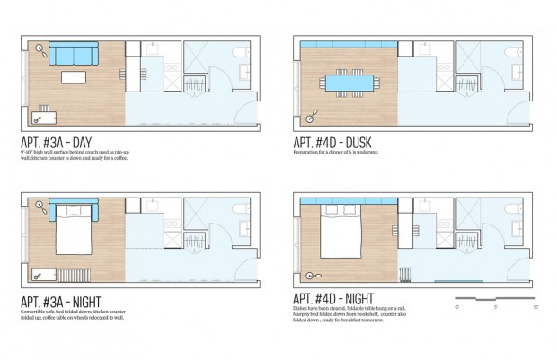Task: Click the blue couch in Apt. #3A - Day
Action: pyautogui.click(x=73, y=55)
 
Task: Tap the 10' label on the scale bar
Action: pyautogui.click(x=535, y=307)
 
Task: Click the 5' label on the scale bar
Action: pyautogui.click(x=496, y=307)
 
